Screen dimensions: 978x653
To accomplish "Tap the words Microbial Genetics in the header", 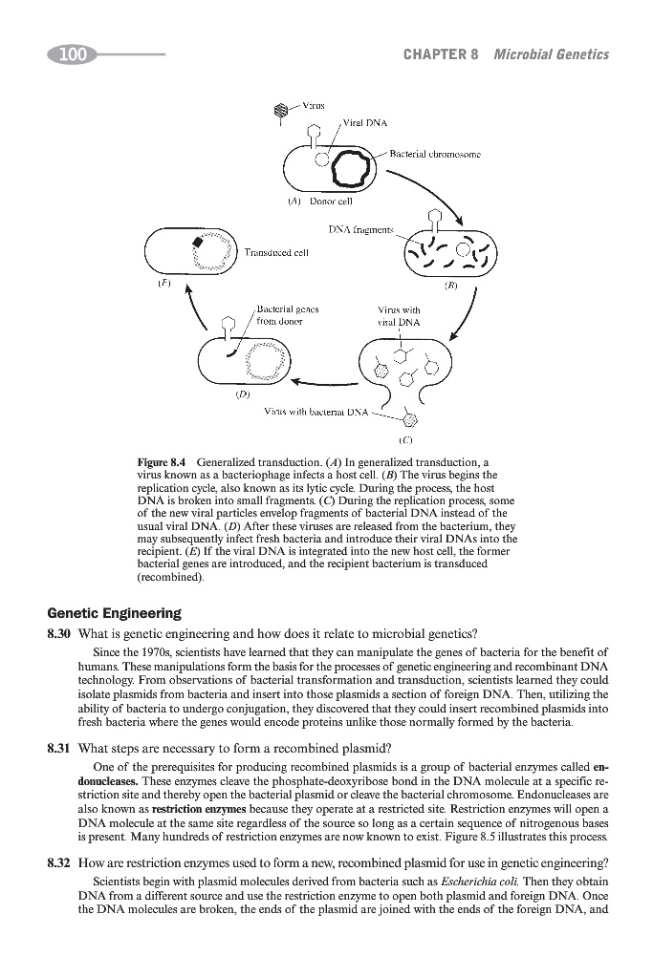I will tap(551, 54).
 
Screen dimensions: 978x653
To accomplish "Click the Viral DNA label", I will tap(363, 123).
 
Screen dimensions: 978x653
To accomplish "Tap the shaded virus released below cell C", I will tap(410, 418).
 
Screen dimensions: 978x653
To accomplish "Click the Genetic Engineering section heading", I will tap(114, 613).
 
